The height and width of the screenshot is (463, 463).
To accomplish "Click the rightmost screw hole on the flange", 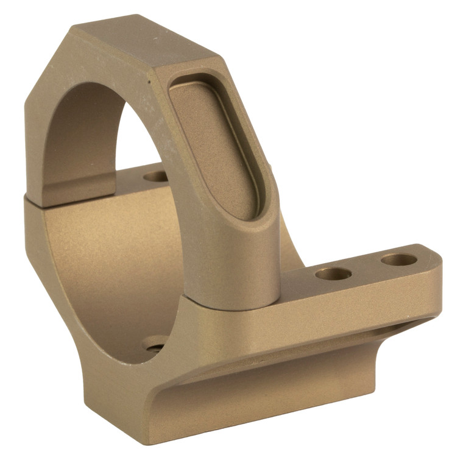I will (399, 260).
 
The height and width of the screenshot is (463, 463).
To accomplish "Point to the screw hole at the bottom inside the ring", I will (155, 344).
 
